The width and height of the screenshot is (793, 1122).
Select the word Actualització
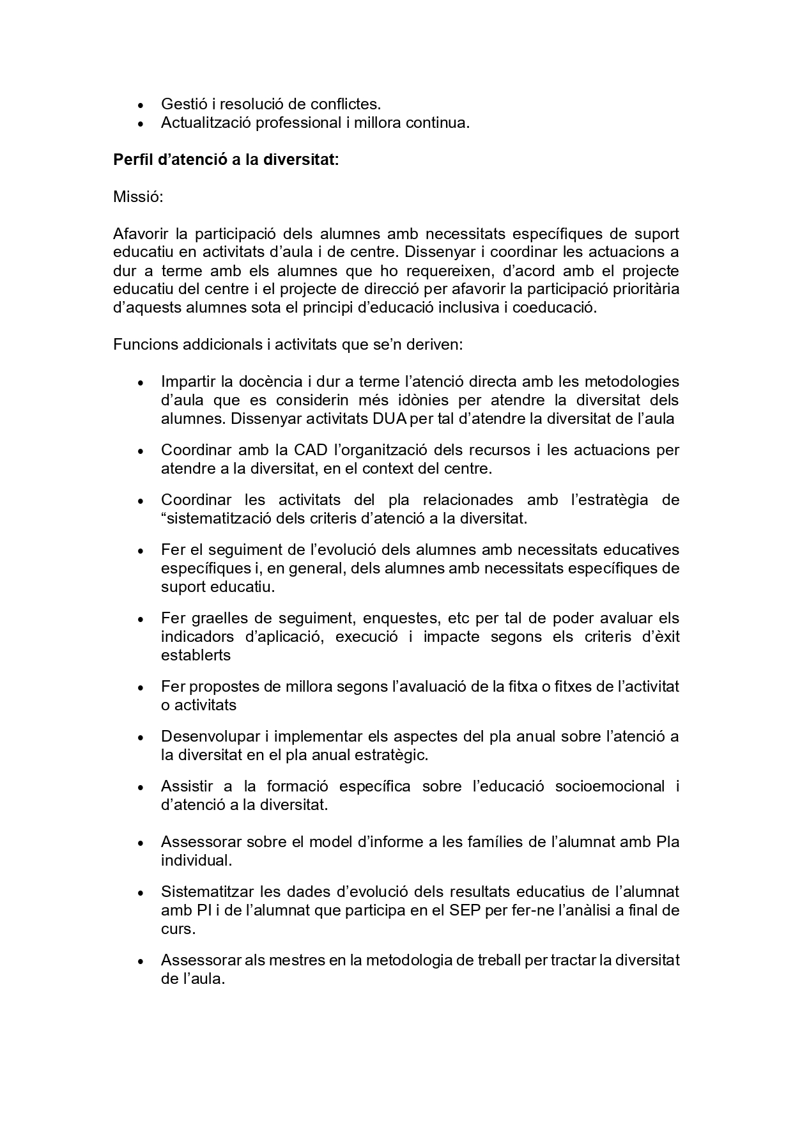pyautogui.click(x=206, y=123)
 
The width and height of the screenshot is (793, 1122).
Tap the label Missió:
pyautogui.click(x=138, y=197)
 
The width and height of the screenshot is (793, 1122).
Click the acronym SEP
pyautogui.click(x=465, y=910)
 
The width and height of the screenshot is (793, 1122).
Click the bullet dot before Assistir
pyautogui.click(x=141, y=788)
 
